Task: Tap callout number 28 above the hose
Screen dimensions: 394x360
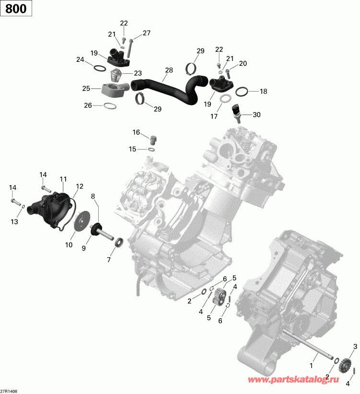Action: pyautogui.click(x=169, y=70)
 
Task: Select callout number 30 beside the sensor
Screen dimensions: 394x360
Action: pyautogui.click(x=256, y=115)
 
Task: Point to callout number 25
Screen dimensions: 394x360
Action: pyautogui.click(x=86, y=89)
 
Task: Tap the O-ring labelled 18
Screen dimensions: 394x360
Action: pyautogui.click(x=243, y=91)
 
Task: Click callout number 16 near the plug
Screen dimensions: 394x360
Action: pyautogui.click(x=137, y=132)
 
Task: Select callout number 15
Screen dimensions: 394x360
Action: pyautogui.click(x=132, y=150)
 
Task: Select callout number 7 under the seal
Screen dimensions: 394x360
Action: pyautogui.click(x=109, y=259)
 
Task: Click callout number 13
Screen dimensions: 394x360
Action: pyautogui.click(x=14, y=221)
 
